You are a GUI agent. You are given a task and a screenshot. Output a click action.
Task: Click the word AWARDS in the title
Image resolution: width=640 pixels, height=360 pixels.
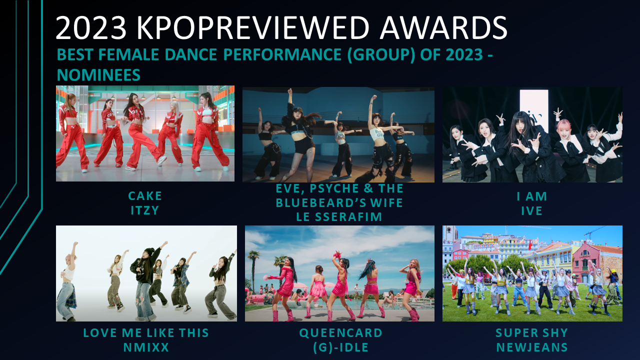point(443,27)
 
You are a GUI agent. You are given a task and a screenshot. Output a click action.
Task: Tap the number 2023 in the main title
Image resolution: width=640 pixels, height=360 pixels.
point(91,27)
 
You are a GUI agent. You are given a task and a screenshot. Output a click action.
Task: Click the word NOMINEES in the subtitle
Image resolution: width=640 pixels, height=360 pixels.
point(98,75)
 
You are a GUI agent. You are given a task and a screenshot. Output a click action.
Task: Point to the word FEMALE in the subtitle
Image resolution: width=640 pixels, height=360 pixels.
point(128,54)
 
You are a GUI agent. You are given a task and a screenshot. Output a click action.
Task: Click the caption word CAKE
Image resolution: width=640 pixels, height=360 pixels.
point(145,196)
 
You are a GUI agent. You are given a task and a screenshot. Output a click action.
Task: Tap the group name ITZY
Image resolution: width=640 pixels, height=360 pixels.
point(145,210)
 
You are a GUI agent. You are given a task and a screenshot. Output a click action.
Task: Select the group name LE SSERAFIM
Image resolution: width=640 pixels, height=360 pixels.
point(339,217)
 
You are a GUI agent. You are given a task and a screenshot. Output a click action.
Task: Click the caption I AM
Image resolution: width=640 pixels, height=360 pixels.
point(532,196)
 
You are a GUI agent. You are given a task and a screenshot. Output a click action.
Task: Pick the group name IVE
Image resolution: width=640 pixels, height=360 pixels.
point(532,211)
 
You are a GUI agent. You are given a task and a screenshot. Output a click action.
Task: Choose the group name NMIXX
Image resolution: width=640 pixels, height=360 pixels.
point(146,347)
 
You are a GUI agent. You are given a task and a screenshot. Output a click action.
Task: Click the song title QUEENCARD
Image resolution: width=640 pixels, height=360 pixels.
point(340,333)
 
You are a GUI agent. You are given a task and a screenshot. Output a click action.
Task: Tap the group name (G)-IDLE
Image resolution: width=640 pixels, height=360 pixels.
point(340,347)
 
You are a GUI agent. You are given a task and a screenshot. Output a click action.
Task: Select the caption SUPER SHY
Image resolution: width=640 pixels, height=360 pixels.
point(531,333)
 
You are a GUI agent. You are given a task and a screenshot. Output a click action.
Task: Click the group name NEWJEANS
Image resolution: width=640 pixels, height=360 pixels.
point(531,347)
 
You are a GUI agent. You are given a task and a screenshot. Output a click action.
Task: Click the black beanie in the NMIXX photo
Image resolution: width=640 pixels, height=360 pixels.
point(149,252)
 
